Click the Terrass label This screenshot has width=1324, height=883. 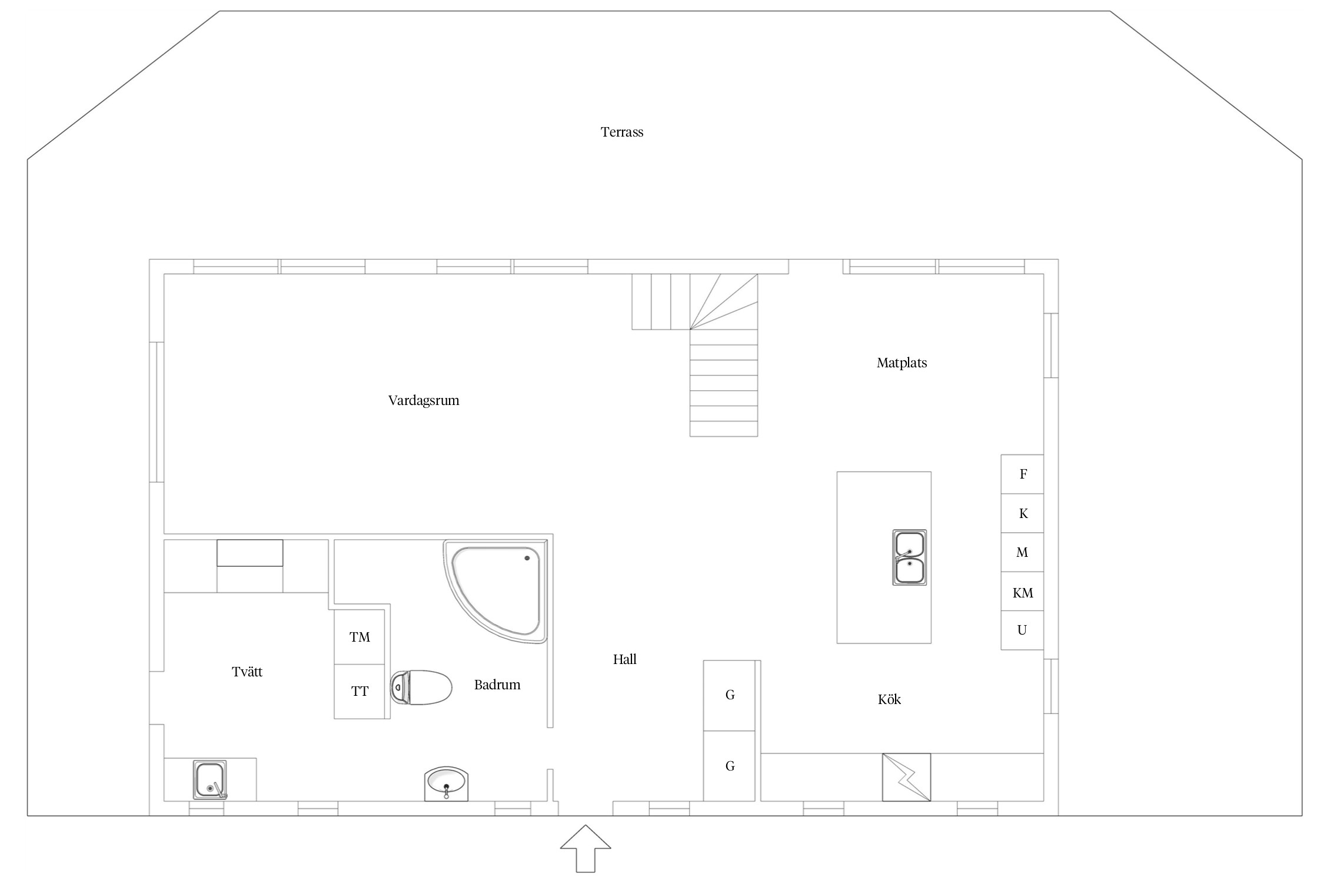coord(622,132)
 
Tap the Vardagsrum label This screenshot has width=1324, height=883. coord(424,401)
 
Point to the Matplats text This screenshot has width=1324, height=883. coord(901,363)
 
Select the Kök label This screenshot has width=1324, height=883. coord(889,699)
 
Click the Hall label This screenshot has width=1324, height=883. coord(625,659)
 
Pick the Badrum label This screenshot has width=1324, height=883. coord(497,685)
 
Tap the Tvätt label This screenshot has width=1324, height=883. coord(247,672)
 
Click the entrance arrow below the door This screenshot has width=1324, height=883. coord(586,848)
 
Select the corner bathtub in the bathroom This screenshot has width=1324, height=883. coord(496,591)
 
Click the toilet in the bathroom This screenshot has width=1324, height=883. coord(421,687)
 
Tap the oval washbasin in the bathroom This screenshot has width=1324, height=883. coord(446,784)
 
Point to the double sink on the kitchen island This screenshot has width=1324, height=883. coord(910,557)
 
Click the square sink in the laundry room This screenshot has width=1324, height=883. coord(210,780)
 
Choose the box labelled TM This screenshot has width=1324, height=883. coord(360,637)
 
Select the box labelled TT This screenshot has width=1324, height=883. coord(360,692)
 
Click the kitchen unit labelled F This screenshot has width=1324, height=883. coord(1022,474)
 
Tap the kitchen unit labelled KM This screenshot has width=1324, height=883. coord(1022,592)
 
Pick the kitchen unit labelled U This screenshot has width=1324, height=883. coord(1022,630)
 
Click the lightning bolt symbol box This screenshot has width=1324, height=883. coord(906,777)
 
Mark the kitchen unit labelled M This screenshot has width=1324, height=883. coord(1022,552)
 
